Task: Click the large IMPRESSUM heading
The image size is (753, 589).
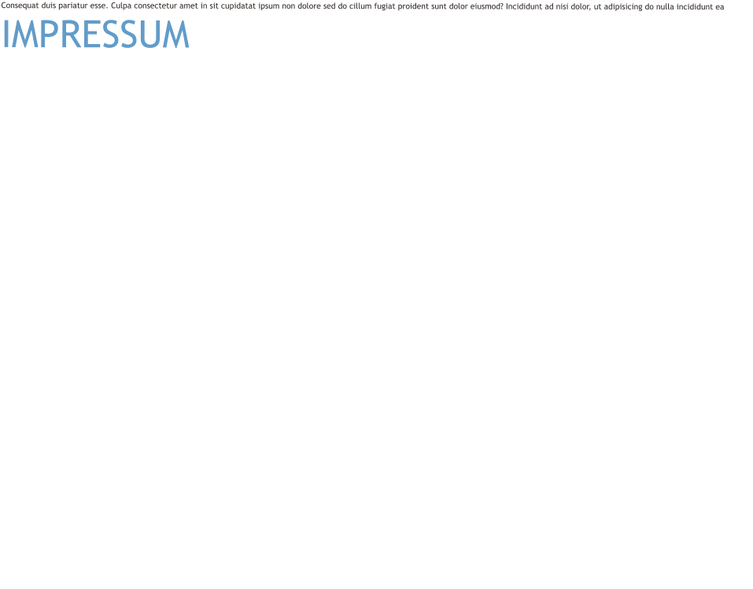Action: point(95,35)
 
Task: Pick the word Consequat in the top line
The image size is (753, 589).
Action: point(19,6)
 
